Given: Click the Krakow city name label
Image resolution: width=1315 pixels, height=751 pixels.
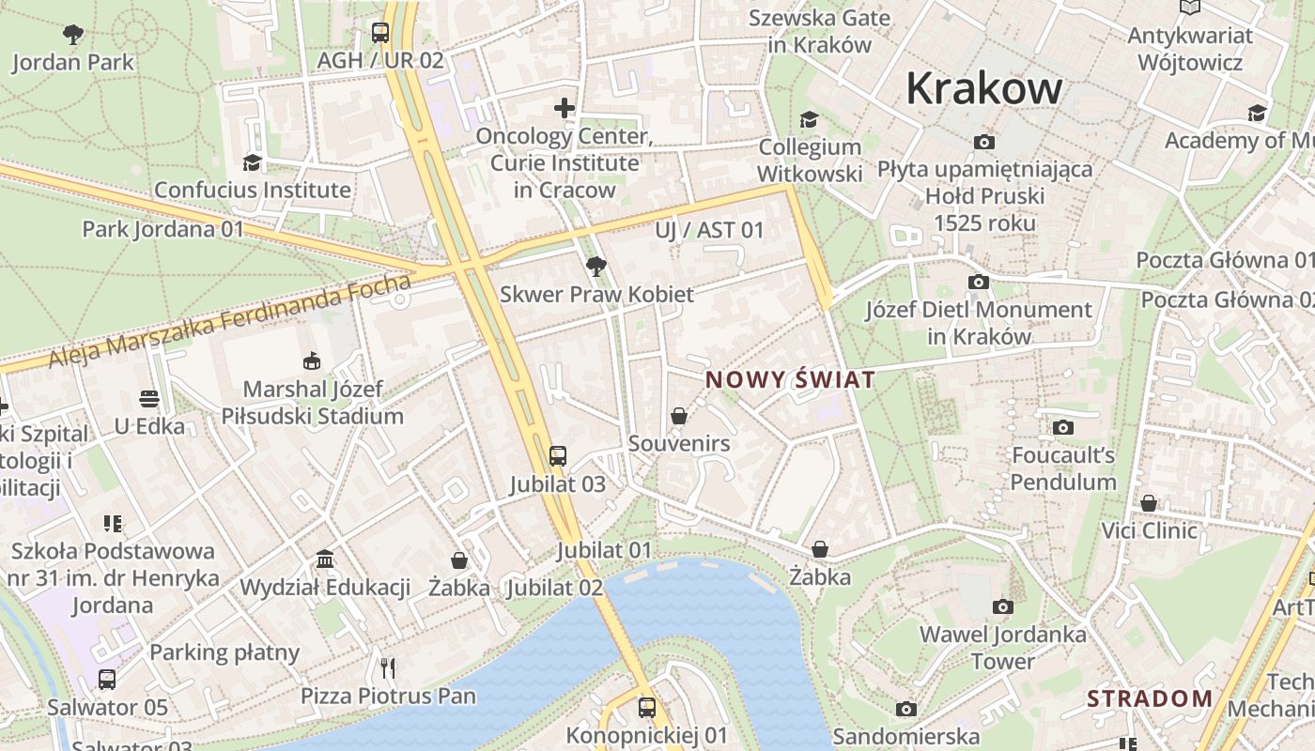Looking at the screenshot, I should (983, 89).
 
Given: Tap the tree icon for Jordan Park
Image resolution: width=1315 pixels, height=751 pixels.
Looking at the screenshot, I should (73, 36).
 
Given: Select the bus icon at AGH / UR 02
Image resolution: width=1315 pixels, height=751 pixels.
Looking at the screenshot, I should (380, 33).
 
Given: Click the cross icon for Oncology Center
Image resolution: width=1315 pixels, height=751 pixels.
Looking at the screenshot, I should (565, 108).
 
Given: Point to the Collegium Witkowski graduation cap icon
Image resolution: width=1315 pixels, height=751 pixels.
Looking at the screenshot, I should (809, 119).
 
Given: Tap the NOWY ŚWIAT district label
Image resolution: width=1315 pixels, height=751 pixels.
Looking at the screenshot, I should (790, 380).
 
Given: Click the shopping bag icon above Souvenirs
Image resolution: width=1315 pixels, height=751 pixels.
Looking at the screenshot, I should (679, 416).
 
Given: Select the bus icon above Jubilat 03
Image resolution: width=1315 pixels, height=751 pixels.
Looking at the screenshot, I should (558, 456).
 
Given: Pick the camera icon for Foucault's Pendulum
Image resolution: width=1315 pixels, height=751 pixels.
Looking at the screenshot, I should (1063, 428).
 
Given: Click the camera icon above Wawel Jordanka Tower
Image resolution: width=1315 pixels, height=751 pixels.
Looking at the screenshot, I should (1003, 606).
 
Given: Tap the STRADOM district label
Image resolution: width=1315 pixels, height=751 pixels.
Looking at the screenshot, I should (1150, 698).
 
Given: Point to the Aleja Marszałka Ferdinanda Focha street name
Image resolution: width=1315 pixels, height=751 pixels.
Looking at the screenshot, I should (230, 321).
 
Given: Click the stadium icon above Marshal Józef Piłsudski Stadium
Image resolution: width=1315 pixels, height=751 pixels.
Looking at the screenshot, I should (312, 361).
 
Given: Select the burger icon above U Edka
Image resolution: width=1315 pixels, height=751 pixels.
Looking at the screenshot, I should (149, 399).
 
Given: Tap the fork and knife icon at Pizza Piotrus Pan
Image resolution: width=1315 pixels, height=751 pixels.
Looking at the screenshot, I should (388, 667).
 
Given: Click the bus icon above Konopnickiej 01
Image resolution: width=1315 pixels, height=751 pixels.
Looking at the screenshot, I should (647, 707).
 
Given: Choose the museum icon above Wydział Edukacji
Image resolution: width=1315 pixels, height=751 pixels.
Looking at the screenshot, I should (325, 559).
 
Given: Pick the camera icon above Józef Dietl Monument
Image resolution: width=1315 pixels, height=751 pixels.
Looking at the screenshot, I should (979, 282).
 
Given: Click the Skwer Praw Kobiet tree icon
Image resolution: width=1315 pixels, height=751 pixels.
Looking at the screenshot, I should (596, 267).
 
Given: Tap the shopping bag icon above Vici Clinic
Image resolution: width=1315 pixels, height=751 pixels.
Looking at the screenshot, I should (1149, 503).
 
